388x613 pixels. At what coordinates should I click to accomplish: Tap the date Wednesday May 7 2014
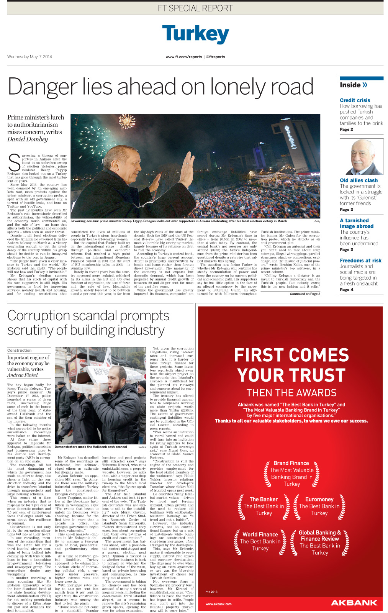pos(29,57)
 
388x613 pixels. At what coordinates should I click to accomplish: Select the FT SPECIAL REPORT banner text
pos(195,8)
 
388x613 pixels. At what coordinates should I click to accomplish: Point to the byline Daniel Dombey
pos(28,139)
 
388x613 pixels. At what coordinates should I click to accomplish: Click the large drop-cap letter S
pos(14,162)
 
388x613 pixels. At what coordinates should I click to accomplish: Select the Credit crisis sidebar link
pos(355,100)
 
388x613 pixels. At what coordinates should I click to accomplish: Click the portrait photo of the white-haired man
pos(361,157)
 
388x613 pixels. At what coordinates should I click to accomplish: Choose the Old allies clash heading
pos(359,180)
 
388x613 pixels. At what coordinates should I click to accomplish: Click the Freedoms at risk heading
pos(360,261)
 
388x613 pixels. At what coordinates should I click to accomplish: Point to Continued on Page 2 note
pos(305,294)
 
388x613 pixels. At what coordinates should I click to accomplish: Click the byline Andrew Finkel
pos(22,375)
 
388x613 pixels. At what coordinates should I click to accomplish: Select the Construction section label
pos(20,350)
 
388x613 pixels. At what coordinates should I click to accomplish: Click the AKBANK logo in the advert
pos(354,603)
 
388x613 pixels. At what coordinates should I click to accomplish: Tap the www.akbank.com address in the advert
pos(218,604)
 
